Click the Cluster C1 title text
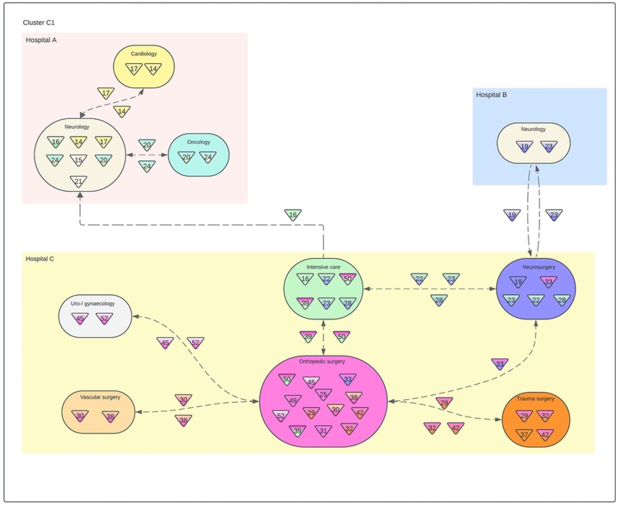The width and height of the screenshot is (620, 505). pyautogui.click(x=39, y=22)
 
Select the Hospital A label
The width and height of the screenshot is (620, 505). pyautogui.click(x=41, y=40)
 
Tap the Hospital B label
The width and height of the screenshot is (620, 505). pyautogui.click(x=491, y=95)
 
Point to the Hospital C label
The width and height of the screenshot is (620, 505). pyautogui.click(x=40, y=259)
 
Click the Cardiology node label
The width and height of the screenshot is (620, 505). pyautogui.click(x=144, y=54)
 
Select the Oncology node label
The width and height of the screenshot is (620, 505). pyautogui.click(x=199, y=142)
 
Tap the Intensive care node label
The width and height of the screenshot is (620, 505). pyautogui.click(x=323, y=267)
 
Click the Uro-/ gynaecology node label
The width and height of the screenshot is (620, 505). pyautogui.click(x=93, y=303)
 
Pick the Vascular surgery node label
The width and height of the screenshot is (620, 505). pyautogui.click(x=100, y=397)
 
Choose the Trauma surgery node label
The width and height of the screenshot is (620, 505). pyautogui.click(x=535, y=398)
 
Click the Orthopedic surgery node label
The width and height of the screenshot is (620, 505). pyautogui.click(x=322, y=361)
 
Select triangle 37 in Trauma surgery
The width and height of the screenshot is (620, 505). pyautogui.click(x=524, y=435)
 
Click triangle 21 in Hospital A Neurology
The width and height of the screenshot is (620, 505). pyautogui.click(x=78, y=181)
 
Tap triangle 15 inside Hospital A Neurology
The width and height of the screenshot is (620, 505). pyautogui.click(x=78, y=160)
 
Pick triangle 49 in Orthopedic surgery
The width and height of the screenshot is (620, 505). pyautogui.click(x=293, y=401)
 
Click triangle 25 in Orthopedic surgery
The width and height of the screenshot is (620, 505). pyautogui.click(x=323, y=395)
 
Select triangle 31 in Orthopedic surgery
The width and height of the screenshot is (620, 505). pyautogui.click(x=323, y=431)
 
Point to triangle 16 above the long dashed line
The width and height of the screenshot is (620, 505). pyautogui.click(x=293, y=215)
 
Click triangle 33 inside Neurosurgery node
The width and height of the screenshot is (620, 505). pyautogui.click(x=548, y=282)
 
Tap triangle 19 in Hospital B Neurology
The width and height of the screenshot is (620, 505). pyautogui.click(x=524, y=146)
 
